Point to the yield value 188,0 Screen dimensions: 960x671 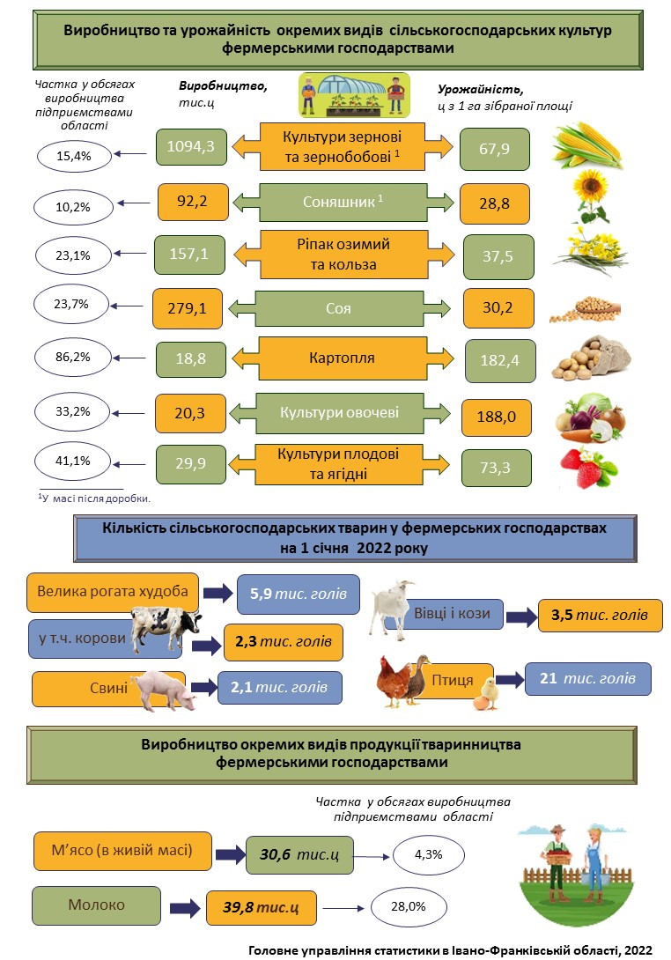pyautogui.click(x=497, y=414)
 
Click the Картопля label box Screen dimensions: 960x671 pyautogui.click(x=342, y=359)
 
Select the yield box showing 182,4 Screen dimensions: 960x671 pyautogui.click(x=500, y=361)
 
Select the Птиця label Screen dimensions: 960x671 pyautogui.click(x=453, y=680)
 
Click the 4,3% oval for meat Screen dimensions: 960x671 pyautogui.click(x=428, y=854)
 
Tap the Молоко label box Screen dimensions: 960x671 pyautogui.click(x=97, y=905)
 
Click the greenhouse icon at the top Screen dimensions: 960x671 pyautogui.click(x=354, y=95)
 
